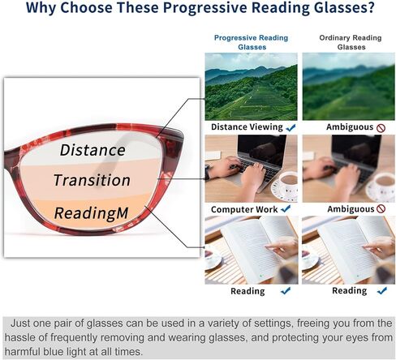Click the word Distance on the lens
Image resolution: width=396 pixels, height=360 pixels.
[x=93, y=150]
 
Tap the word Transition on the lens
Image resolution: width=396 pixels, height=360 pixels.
[x=92, y=180]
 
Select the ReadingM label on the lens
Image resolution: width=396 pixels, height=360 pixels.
[x=91, y=213]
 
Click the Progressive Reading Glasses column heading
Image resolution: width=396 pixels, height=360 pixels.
[x=252, y=42]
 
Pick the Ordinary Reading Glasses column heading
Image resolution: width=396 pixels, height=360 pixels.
[x=351, y=42]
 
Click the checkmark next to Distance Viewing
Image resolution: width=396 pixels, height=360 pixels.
[x=291, y=127]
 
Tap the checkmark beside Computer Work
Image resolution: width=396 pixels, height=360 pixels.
[x=286, y=209]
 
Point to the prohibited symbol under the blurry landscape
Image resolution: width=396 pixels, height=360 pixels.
[x=381, y=128]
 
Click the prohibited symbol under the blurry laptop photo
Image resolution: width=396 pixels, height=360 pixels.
[x=381, y=208]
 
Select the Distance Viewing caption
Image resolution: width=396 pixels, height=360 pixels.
[x=247, y=127]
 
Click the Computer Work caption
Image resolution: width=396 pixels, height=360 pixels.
[x=244, y=209]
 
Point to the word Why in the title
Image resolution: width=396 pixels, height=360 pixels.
[x=41, y=7]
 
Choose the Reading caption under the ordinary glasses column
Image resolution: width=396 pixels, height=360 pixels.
[x=349, y=290]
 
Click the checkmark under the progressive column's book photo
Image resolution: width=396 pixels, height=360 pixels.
[x=286, y=291]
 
